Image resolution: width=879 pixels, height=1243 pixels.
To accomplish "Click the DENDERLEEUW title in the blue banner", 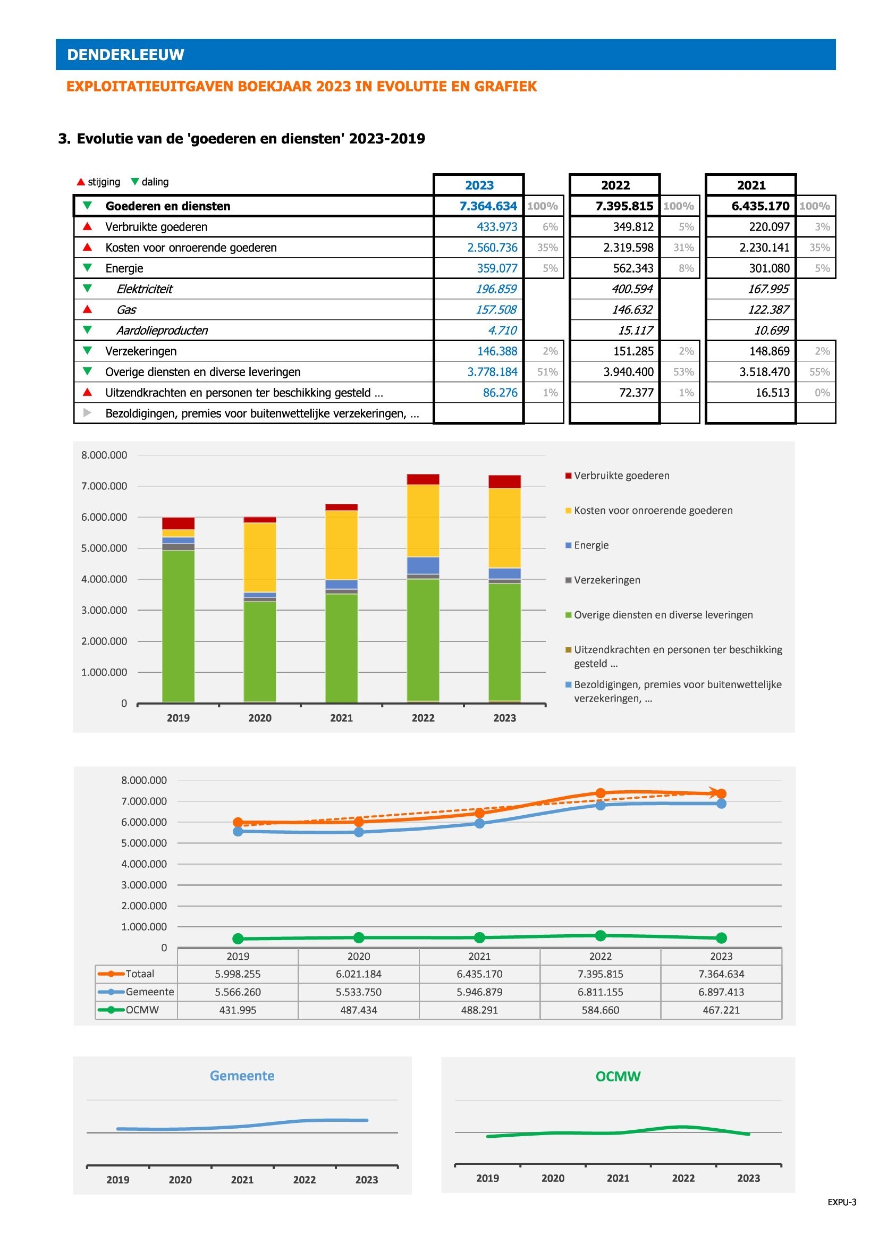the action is click(x=125, y=55).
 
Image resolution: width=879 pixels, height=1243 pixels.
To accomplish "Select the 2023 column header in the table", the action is click(x=479, y=185).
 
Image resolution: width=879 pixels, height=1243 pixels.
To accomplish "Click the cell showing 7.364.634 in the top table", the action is click(x=488, y=206).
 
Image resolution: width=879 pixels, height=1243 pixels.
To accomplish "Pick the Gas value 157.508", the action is click(x=496, y=310).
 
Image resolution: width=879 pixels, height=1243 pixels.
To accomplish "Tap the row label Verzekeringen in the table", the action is click(x=141, y=351).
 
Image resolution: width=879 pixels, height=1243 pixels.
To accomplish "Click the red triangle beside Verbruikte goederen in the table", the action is click(x=87, y=226).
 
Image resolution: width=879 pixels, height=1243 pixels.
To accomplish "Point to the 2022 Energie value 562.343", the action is click(x=633, y=268).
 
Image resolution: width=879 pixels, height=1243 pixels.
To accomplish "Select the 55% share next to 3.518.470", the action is click(x=819, y=372).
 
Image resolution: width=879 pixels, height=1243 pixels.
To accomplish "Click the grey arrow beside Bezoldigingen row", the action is click(x=87, y=413).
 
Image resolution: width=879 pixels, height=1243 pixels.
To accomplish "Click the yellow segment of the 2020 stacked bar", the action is click(x=260, y=557).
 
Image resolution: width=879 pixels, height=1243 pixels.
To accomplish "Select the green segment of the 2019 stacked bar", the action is click(x=178, y=627).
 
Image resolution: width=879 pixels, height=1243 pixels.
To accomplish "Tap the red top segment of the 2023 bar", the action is click(x=504, y=482).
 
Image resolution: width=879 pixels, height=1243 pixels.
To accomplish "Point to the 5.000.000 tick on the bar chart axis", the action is click(x=104, y=548).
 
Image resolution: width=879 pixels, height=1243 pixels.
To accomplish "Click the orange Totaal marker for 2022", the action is click(x=600, y=793).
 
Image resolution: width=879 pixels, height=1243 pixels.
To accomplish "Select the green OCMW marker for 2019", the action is click(x=238, y=938).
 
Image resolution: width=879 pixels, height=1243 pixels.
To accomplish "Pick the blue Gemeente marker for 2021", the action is click(x=479, y=823).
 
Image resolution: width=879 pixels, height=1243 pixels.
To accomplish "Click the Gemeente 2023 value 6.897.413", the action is click(x=721, y=992).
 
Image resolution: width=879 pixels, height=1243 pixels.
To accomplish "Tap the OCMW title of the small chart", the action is click(x=618, y=1076).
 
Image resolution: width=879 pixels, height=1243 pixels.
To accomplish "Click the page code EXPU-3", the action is click(x=842, y=1202).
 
